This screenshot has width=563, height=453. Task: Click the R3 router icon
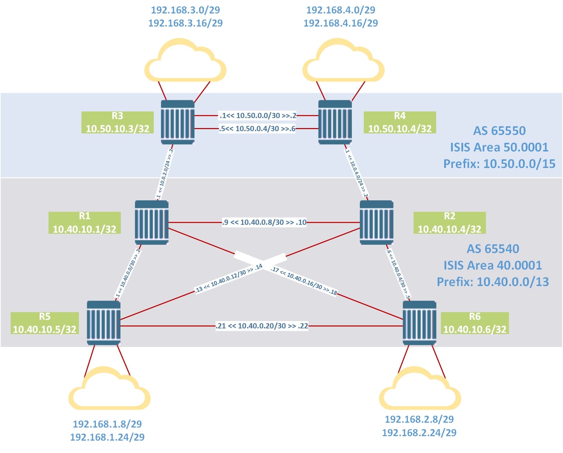click(178, 122)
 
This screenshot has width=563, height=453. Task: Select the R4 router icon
click(335, 122)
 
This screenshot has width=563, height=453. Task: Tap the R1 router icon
click(152, 222)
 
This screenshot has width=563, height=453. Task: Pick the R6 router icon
click(419, 323)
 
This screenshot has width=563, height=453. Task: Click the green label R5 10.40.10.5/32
click(45, 323)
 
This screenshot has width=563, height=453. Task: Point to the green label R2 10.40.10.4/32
click(449, 223)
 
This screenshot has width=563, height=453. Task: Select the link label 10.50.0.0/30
click(258, 116)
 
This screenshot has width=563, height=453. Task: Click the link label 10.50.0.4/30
click(257, 129)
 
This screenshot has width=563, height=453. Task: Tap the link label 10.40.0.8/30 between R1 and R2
click(264, 222)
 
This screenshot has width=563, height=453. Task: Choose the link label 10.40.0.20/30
click(262, 326)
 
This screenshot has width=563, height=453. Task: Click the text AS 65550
click(499, 131)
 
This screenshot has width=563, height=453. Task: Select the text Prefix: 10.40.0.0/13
click(493, 282)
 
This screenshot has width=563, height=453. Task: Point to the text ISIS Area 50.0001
click(499, 147)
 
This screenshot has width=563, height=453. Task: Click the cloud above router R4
click(343, 61)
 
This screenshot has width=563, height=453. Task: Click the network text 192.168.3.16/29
click(185, 23)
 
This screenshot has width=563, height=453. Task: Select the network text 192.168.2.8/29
click(419, 419)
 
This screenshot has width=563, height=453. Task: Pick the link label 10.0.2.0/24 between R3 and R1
click(165, 174)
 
